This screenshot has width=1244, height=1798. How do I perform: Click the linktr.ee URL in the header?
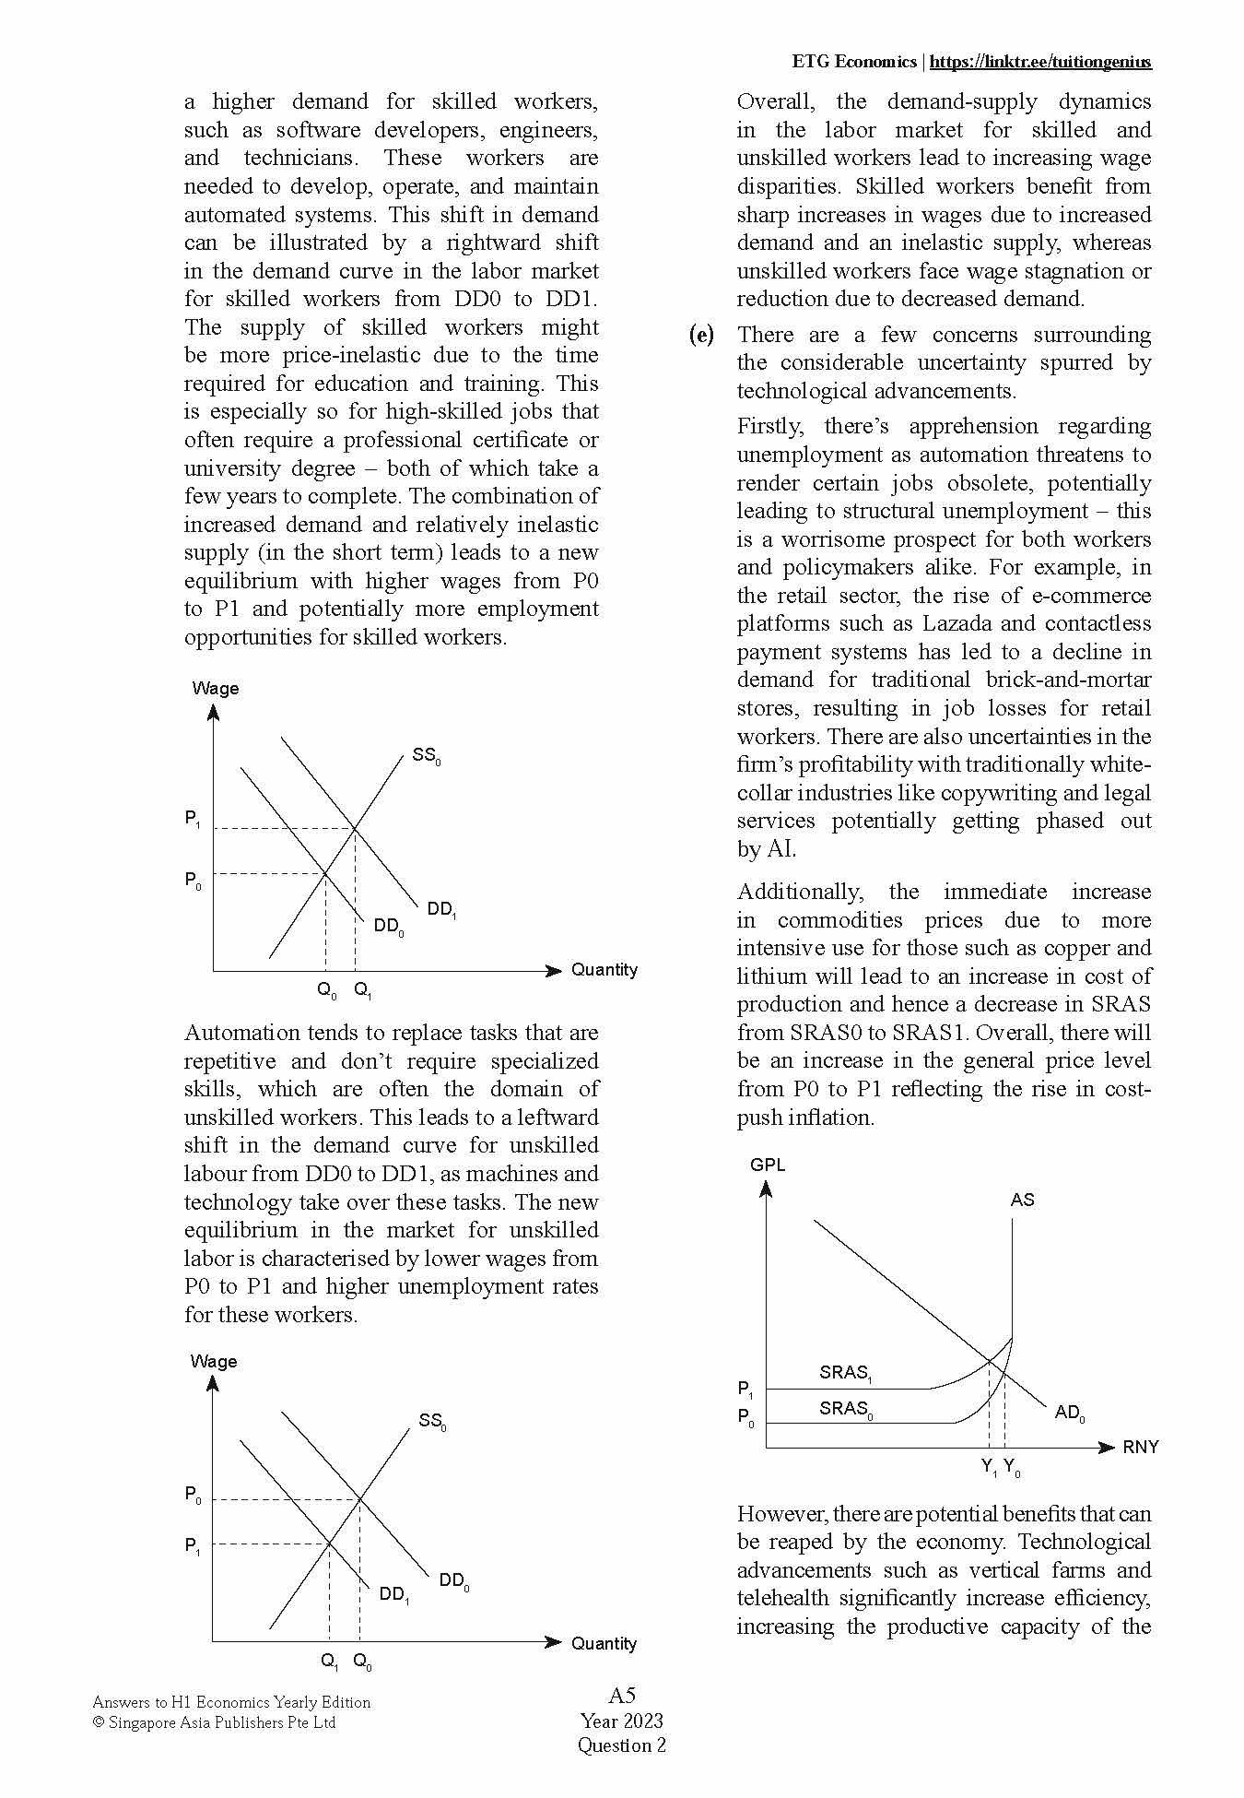(x=1040, y=62)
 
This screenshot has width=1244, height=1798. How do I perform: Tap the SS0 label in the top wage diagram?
(x=426, y=756)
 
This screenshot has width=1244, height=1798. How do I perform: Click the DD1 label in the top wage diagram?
(x=441, y=910)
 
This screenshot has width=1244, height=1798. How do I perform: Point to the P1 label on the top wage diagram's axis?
(x=193, y=819)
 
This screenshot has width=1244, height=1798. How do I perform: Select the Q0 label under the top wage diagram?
(x=326, y=991)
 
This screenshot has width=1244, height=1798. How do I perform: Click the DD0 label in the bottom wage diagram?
(x=453, y=1581)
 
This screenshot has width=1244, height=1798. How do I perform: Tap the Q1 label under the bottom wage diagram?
(x=329, y=1662)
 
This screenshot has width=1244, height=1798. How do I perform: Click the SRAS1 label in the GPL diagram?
(x=845, y=1373)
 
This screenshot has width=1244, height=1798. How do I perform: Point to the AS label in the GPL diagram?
(x=1022, y=1200)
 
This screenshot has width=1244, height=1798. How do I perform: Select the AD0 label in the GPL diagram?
(x=1069, y=1413)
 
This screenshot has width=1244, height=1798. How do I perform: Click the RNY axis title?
(x=1140, y=1447)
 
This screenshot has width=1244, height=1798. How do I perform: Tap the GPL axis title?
(x=768, y=1165)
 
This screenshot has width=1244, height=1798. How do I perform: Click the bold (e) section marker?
(x=701, y=335)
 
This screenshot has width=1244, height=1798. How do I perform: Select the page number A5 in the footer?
(x=622, y=1695)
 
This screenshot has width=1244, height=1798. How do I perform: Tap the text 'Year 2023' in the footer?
(x=622, y=1721)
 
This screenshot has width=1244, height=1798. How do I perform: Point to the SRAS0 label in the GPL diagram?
(x=845, y=1409)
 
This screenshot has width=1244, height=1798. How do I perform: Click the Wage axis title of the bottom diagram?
(x=214, y=1361)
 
